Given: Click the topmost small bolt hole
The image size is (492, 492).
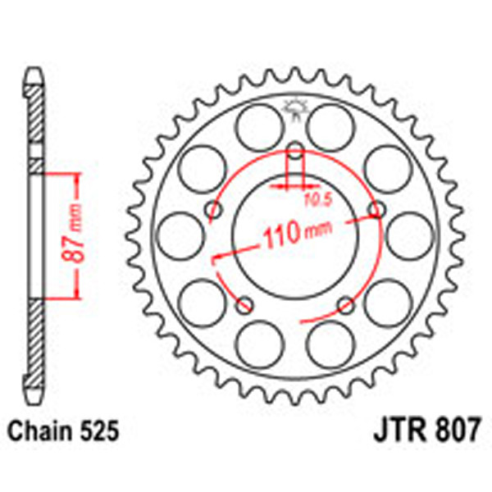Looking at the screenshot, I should [x=295, y=152].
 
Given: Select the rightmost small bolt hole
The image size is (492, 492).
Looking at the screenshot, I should [x=376, y=211].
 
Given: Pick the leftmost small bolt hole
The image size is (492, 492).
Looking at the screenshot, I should [x=214, y=211].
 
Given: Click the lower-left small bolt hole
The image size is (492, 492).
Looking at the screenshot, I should [x=244, y=306].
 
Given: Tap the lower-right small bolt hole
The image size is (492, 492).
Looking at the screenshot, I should [x=346, y=306].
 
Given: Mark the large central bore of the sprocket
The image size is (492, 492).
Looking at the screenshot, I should [x=295, y=246].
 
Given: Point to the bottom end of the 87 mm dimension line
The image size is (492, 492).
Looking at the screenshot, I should [x=77, y=300].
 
